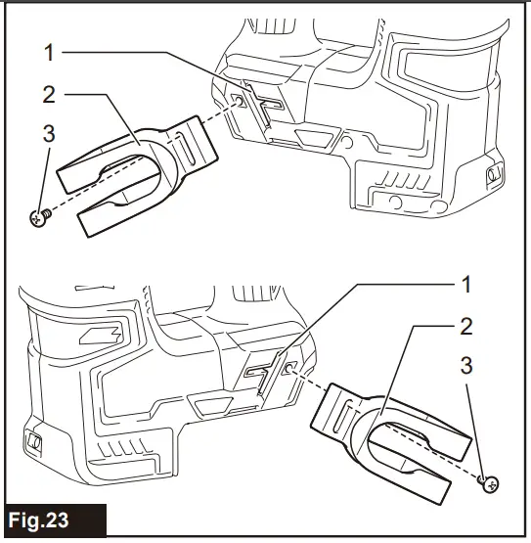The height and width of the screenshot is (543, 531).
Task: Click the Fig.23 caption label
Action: click(38, 520)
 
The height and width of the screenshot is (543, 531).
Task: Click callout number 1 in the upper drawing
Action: click(50, 53)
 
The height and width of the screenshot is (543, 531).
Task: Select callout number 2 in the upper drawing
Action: click(49, 94)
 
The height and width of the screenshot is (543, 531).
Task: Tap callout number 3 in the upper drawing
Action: click(49, 134)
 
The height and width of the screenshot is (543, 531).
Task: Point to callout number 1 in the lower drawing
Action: click(467, 285)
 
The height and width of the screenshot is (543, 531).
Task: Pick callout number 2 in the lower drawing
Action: click(466, 326)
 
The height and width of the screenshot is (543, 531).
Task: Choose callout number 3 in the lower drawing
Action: click(466, 365)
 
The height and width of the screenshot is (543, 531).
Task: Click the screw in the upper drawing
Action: click(40, 217)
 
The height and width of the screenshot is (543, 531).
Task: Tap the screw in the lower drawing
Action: click(489, 483)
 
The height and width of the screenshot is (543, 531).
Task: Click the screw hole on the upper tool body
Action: click(239, 101)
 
